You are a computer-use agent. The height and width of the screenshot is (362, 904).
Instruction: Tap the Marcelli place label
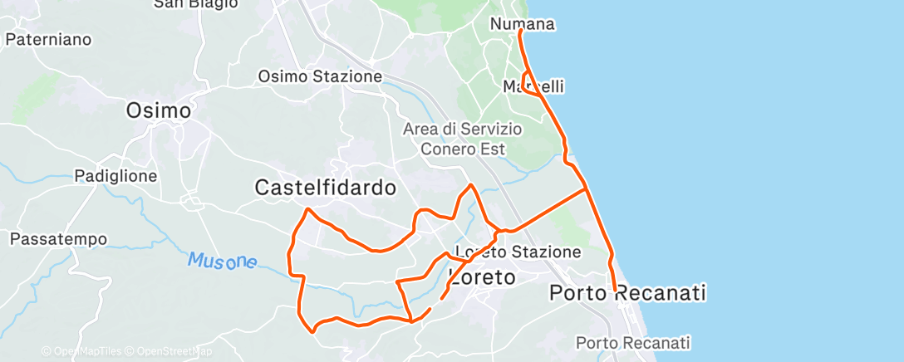[x=533, y=86]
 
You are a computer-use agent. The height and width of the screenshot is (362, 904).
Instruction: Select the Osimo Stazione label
[x=320, y=76]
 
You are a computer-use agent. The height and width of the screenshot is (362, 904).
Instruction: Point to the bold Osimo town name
[x=158, y=110]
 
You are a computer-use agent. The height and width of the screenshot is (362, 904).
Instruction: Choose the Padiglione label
[x=115, y=176]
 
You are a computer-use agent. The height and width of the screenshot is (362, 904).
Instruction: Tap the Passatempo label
[x=58, y=239]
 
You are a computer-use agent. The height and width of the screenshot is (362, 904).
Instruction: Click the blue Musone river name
[x=222, y=262]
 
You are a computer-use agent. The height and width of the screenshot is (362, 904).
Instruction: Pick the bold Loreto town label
[x=483, y=276]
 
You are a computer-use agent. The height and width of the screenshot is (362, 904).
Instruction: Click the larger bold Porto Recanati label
[x=628, y=293]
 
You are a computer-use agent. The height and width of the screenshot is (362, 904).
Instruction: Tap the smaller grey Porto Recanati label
[x=633, y=342]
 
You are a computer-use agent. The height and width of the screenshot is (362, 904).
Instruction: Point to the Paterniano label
[x=47, y=39]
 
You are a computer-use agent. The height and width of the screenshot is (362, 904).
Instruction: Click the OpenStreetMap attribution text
[x=174, y=352]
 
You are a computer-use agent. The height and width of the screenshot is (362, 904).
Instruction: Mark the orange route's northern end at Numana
[x=520, y=31]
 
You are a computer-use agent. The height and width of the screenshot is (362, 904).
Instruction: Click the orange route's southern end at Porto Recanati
[x=614, y=291]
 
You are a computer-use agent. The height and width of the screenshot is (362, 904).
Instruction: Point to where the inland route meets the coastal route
[x=587, y=188]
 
